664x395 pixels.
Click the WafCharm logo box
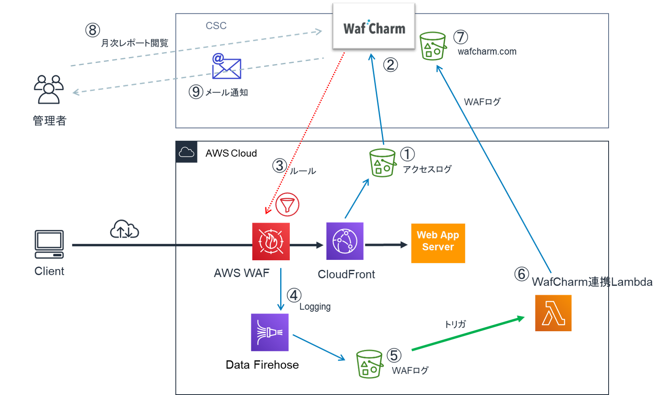374,26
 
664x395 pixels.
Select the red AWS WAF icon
271,241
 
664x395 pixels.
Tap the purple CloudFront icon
345,241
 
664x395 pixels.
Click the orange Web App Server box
438,243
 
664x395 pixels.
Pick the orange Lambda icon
553,313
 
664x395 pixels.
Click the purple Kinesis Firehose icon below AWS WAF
270,332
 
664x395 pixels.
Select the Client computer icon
49,244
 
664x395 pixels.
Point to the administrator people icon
49,89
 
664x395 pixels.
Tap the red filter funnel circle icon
287,205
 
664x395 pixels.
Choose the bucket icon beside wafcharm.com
433,46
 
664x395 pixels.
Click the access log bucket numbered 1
383,163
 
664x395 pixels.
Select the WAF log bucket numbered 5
369,364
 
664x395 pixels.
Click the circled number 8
93,30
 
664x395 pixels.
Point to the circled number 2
390,65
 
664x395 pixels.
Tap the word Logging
315,307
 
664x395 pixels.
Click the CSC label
216,26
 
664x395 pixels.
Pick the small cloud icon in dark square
186,152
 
